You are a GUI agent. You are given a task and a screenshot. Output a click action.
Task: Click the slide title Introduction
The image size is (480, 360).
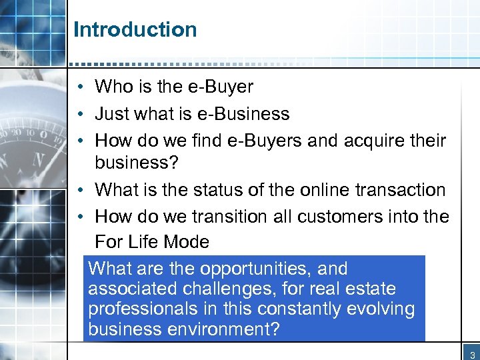coord(135,29)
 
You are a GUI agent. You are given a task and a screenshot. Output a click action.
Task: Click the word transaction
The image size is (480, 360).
coord(401,190)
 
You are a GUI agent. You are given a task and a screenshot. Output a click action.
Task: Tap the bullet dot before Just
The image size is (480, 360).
coord(79,114)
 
